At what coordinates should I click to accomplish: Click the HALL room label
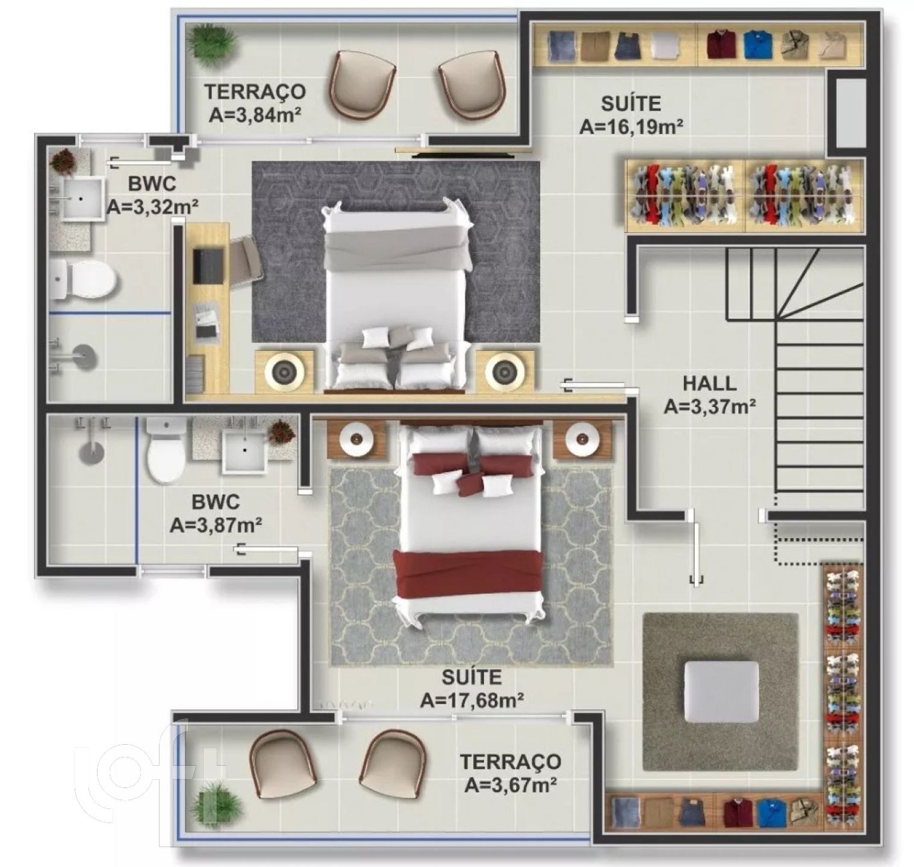pos(709,383)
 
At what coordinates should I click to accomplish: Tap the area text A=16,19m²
pos(631,126)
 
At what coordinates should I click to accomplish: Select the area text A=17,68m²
pos(471,700)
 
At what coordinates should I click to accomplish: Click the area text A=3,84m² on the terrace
pos(255,115)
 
